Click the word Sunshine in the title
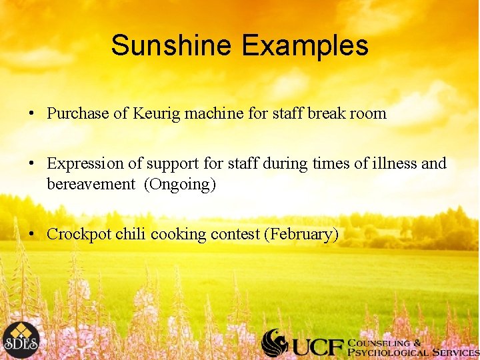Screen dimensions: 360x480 [x=171, y=45]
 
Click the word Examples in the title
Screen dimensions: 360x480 [x=305, y=45]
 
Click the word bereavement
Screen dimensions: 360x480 [x=90, y=184]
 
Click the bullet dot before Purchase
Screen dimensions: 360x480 [x=31, y=113]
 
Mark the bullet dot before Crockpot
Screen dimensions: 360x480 [x=31, y=234]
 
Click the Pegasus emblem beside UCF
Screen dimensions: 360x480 [x=275, y=343]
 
